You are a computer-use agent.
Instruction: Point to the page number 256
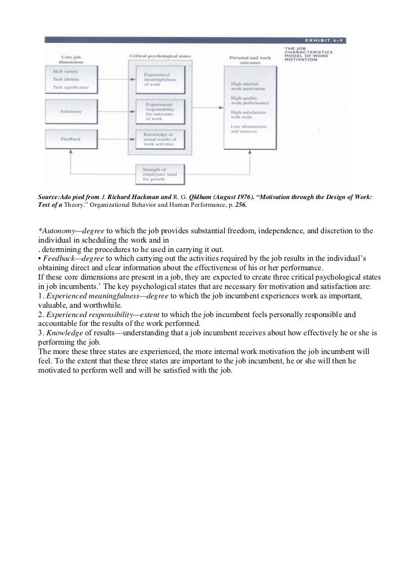pos(242,204)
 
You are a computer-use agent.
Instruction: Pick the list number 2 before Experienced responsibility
pos(40,314)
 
